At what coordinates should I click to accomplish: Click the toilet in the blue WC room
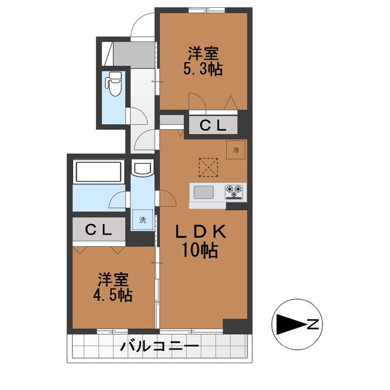pos(113,83)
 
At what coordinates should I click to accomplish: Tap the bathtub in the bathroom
pos(99,172)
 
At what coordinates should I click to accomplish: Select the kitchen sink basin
pos(204,193)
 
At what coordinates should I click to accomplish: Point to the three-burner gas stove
pos(234,192)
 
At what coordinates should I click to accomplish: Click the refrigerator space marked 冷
pos(236,150)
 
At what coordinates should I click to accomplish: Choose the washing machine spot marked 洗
pos(142,219)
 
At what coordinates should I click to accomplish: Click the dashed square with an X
pos(208,168)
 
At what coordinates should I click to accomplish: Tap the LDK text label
pos(200,232)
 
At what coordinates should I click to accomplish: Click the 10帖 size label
pos(200,250)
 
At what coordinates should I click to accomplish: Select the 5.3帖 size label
pos(203,69)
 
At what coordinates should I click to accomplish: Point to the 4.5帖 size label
pos(113,295)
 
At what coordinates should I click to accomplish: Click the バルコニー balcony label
pos(160,346)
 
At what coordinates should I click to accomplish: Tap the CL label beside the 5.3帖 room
pos(213,126)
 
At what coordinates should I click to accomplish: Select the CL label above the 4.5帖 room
pos(98,230)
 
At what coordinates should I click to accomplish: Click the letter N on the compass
pos(313,324)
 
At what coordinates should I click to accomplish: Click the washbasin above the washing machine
pos(142,169)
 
